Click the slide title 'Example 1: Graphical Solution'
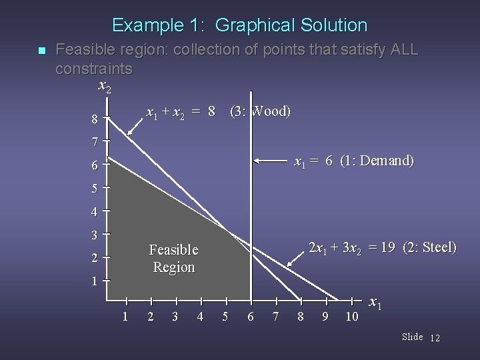[239, 25]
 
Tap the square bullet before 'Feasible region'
[41, 51]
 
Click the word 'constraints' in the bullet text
[94, 68]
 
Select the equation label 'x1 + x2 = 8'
[180, 111]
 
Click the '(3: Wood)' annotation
[259, 111]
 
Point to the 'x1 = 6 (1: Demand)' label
[354, 161]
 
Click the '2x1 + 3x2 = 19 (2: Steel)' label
[382, 247]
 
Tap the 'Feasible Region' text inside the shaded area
[173, 258]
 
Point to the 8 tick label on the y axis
[96, 121]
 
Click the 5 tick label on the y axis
[95, 188]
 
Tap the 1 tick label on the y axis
[95, 281]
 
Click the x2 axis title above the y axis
[105, 86]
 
